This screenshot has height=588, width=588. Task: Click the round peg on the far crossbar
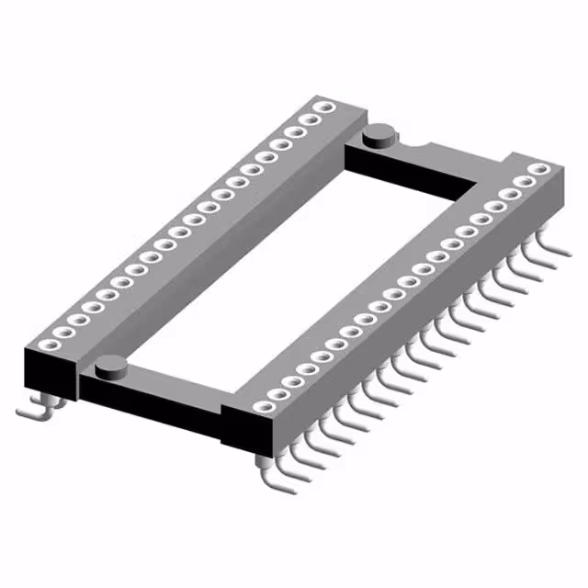pos(379,137)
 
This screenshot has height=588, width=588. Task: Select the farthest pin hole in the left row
pos(322,108)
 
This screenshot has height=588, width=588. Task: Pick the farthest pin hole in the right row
pos(539,169)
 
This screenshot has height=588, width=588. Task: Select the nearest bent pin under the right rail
pos(266,474)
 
